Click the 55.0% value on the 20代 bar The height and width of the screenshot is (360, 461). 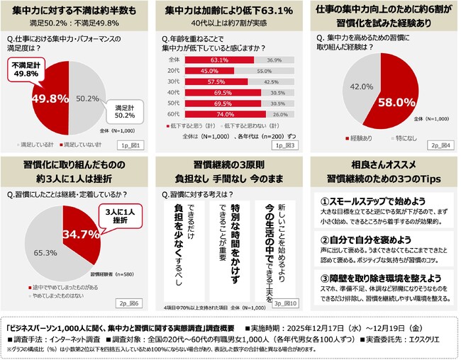[x=264, y=72]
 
